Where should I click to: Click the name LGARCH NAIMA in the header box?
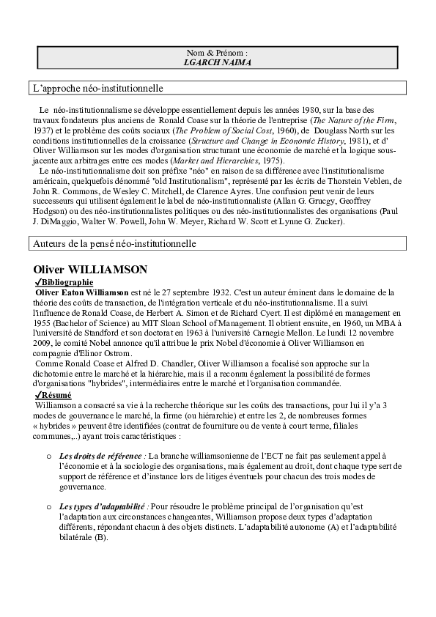[x=217, y=63]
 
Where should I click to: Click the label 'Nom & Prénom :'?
[x=217, y=53]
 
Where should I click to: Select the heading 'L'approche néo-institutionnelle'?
[x=98, y=88]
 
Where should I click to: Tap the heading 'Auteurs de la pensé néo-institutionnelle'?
[x=114, y=243]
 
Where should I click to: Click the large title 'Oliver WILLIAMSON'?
[x=91, y=269]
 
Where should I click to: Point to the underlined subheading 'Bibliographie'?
[x=67, y=282]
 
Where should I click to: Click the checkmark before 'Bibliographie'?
[x=38, y=282]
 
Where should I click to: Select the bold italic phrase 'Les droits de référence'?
[x=102, y=456]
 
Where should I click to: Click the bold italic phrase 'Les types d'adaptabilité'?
[x=103, y=506]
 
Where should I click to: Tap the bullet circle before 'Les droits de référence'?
[x=50, y=457]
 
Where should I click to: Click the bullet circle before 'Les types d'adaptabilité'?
[x=50, y=506]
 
